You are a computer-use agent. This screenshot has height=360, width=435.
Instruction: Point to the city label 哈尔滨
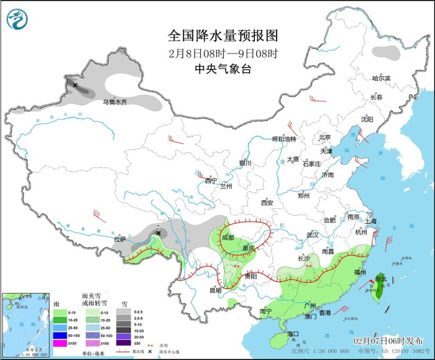pos(381,78)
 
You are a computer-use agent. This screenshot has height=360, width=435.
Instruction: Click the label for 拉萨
pos(120,239)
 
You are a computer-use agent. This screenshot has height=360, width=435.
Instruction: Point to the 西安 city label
pos(267,203)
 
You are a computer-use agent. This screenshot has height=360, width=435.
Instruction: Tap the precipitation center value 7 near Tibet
pos(158,228)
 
